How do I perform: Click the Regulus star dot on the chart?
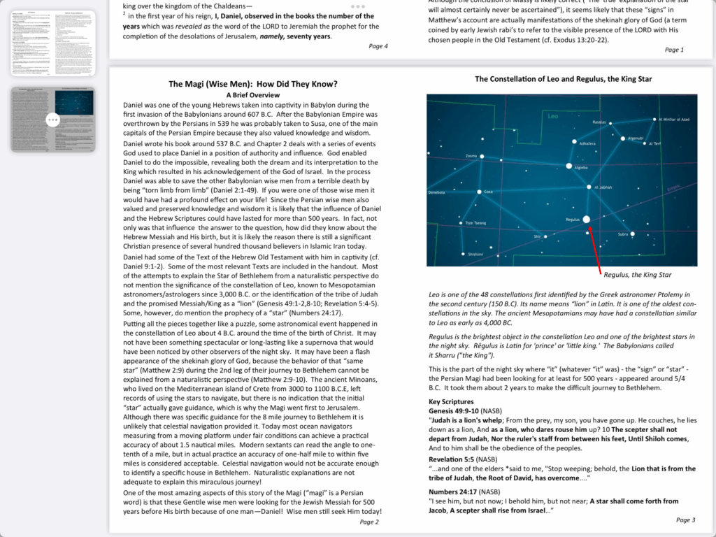pos(586,219)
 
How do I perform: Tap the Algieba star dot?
pos(568,166)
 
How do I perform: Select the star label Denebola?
pos(436,192)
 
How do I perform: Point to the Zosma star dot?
pos(482,156)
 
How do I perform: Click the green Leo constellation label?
pos(553,116)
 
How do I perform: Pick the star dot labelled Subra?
pos(632,234)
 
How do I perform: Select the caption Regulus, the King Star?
pos(637,275)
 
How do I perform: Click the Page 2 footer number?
pos(369,522)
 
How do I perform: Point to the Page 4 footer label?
pos(378,46)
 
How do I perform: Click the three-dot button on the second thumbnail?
pos(53,120)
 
